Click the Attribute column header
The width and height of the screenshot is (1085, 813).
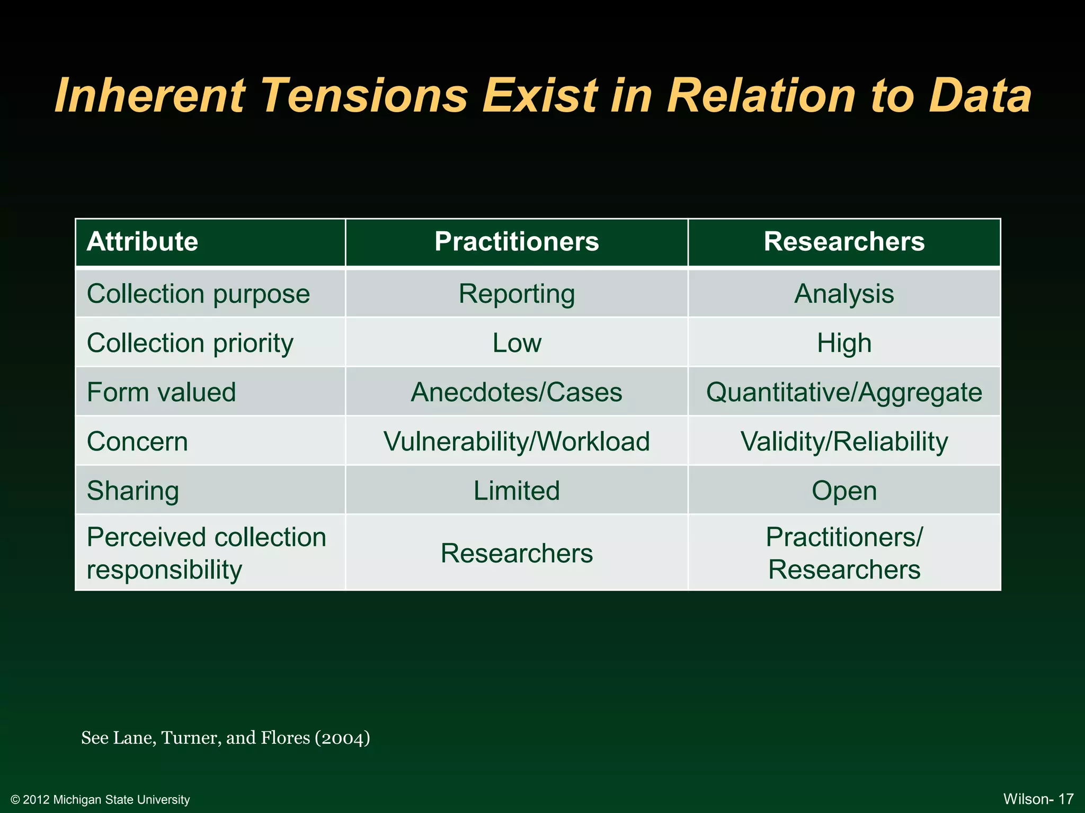pyautogui.click(x=142, y=242)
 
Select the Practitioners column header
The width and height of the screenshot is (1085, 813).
pyautogui.click(x=517, y=242)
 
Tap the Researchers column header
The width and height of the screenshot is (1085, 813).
pyautogui.click(x=844, y=242)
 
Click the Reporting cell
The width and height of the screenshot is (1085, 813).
pyautogui.click(x=517, y=294)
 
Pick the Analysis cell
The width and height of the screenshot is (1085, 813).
pyautogui.click(x=844, y=294)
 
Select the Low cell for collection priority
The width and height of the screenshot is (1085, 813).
pyautogui.click(x=517, y=343)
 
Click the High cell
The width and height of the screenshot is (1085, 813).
pyautogui.click(x=844, y=343)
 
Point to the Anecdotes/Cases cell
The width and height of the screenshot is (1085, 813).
pyautogui.click(x=517, y=392)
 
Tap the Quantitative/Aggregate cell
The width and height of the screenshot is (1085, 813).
pyautogui.click(x=844, y=392)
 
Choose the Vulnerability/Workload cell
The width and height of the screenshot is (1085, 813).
pyautogui.click(x=517, y=441)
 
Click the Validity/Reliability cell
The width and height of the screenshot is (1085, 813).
pyautogui.click(x=844, y=441)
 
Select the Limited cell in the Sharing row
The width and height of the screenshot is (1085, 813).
pyautogui.click(x=517, y=491)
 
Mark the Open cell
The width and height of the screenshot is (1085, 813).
pyautogui.click(x=844, y=491)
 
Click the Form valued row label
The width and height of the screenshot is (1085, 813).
pyautogui.click(x=161, y=392)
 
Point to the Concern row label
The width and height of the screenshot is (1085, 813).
pyautogui.click(x=137, y=441)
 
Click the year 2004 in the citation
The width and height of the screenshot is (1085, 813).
pyautogui.click(x=342, y=738)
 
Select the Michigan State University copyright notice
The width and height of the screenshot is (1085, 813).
pyautogui.click(x=100, y=799)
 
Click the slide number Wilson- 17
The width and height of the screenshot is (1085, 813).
pyautogui.click(x=1038, y=799)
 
